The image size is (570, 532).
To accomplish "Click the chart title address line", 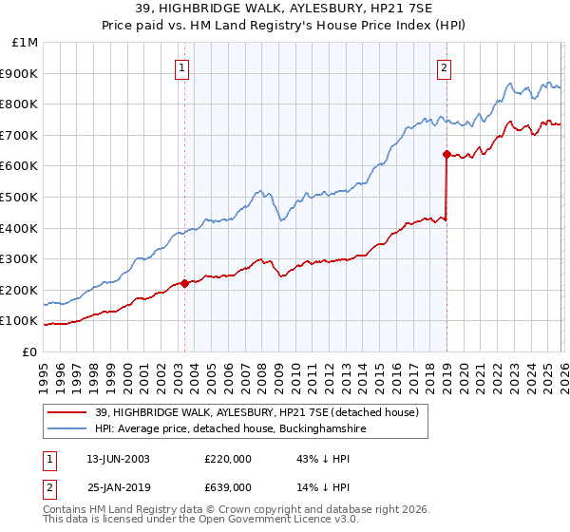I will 284,9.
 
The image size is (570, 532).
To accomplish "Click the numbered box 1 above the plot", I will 182,66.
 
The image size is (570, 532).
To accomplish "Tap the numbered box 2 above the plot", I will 445,66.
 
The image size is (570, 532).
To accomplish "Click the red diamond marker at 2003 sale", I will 184,283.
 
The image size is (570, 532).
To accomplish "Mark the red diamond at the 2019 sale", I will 446,154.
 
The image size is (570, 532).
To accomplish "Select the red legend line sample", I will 67,411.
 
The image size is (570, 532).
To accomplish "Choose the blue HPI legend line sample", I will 67,429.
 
